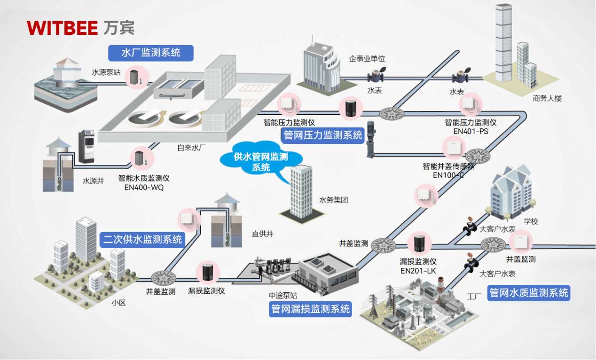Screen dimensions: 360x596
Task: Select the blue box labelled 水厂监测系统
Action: pos(150,53)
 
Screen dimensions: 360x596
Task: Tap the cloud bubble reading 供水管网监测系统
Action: pos(261,162)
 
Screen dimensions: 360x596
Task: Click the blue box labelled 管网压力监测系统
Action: pos(323,135)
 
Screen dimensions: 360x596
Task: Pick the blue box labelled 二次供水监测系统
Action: pos(142,240)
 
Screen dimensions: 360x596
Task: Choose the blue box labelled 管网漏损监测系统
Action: pos(310,309)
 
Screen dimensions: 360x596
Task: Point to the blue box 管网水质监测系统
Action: pos(529,293)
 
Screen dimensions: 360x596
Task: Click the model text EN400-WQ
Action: pos(144,188)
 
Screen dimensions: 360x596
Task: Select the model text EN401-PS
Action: pos(471,132)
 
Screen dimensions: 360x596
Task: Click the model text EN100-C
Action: pos(448,175)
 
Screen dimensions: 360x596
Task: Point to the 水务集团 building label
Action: pos(333,200)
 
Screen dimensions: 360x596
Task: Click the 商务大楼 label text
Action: pos(547,99)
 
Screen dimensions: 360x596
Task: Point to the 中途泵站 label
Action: pos(282,296)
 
